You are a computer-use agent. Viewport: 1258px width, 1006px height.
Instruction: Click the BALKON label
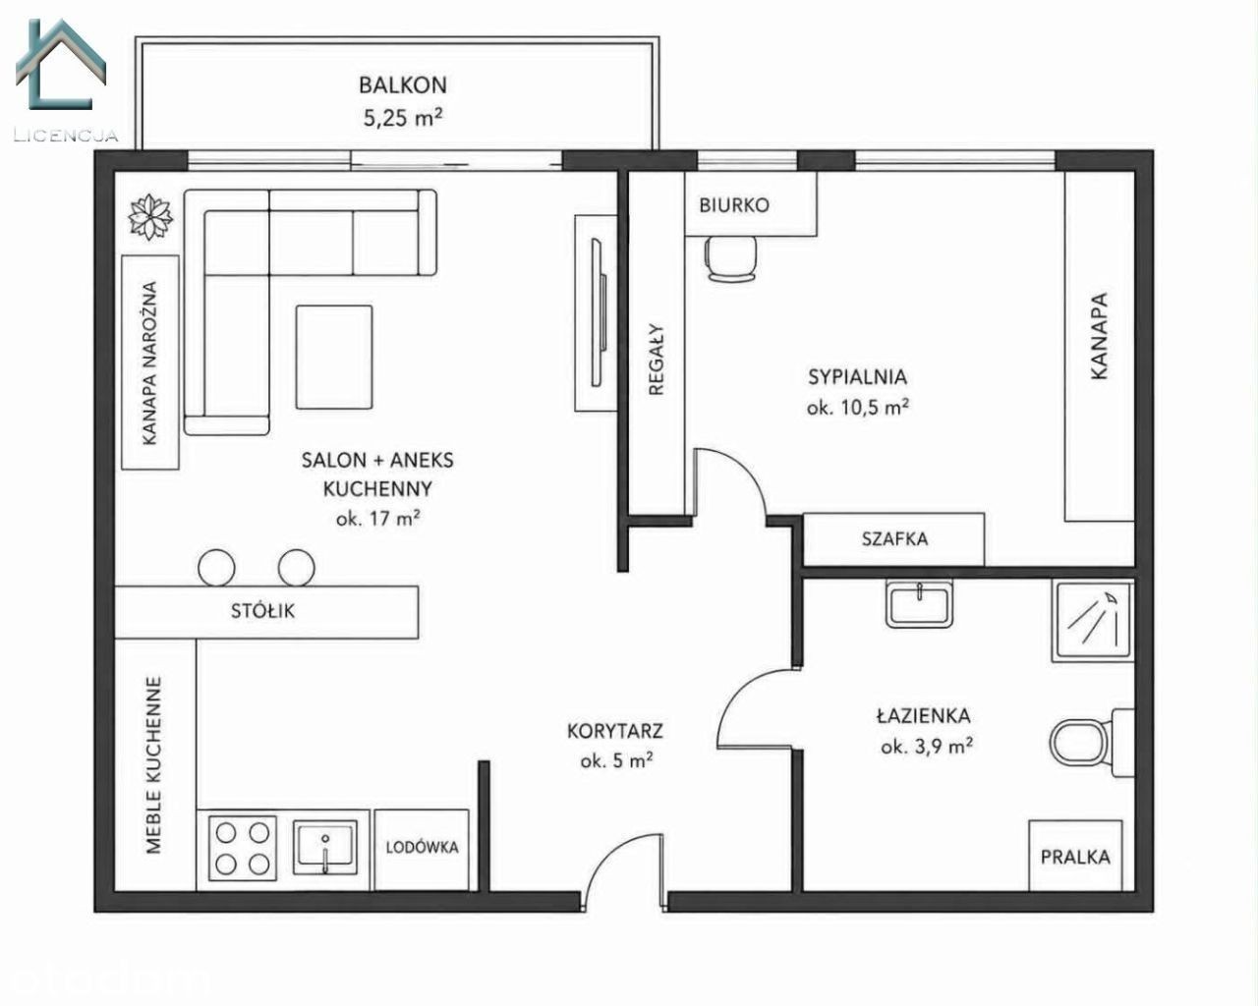tap(403, 85)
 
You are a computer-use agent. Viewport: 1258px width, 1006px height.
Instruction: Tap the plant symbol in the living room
tap(150, 217)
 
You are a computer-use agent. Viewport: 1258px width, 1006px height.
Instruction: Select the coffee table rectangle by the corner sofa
tap(334, 357)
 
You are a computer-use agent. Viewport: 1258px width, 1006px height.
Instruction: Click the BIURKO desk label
tap(734, 205)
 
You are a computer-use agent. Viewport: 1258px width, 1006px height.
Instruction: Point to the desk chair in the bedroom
tap(731, 257)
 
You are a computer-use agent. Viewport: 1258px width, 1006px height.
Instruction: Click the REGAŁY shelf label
tap(657, 360)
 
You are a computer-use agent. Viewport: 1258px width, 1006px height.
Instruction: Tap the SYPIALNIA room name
tap(858, 377)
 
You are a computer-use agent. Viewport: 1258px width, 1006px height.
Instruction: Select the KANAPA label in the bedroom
tap(1099, 336)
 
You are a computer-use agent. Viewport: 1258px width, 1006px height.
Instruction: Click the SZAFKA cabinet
tap(893, 539)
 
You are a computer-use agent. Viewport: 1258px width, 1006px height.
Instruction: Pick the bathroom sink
tap(919, 604)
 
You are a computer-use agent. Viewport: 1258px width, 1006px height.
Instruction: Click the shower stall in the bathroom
tap(1093, 621)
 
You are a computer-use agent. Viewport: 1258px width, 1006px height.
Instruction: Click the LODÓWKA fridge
tap(422, 850)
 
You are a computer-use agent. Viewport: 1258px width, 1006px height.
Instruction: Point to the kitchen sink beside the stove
tap(324, 847)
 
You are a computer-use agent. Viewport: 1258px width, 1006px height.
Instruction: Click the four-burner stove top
tap(243, 848)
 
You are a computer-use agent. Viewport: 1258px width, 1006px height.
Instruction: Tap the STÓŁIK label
tap(262, 611)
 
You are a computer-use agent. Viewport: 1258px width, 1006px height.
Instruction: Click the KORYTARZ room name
tap(615, 731)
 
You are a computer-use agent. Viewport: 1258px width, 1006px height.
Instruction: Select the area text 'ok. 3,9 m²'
tap(927, 747)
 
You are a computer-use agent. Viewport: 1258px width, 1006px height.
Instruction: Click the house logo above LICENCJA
tap(60, 64)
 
